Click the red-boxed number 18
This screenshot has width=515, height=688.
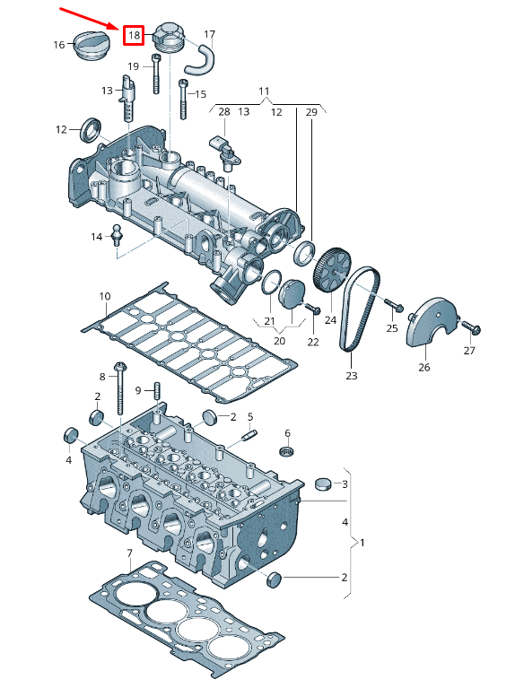[134, 35]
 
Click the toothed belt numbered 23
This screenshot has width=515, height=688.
[360, 309]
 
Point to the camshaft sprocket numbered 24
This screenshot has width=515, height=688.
[332, 270]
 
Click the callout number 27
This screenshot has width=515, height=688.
[469, 351]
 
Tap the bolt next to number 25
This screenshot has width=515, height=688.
[394, 305]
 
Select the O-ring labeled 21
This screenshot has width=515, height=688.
[272, 283]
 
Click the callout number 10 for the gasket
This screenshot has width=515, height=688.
[104, 296]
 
